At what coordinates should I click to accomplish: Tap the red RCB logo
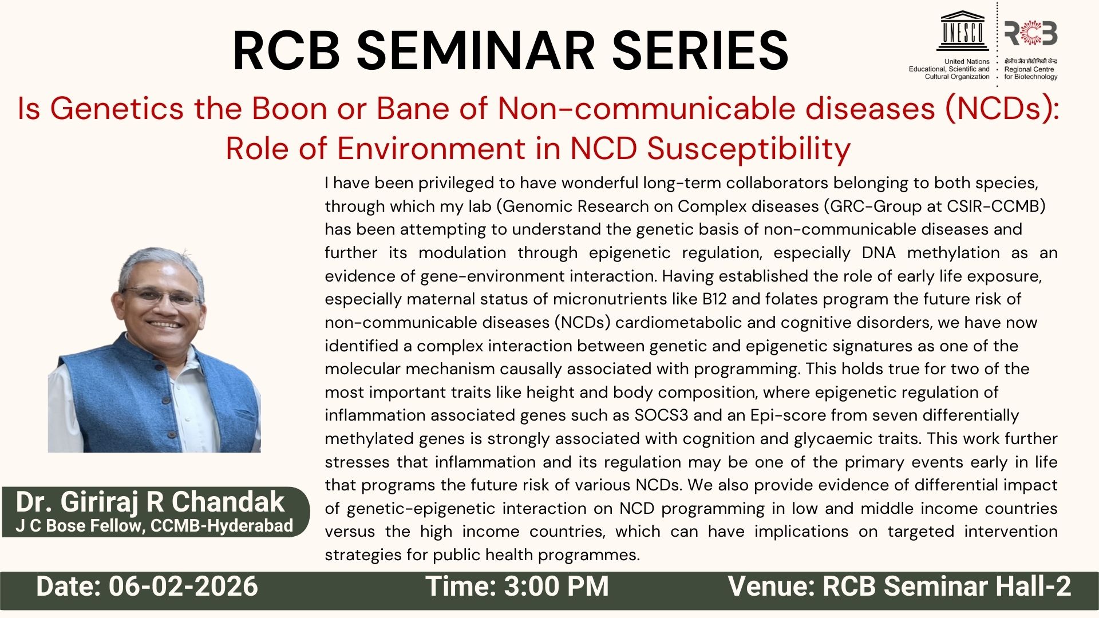(x=1031, y=33)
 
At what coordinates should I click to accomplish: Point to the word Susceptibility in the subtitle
(x=749, y=149)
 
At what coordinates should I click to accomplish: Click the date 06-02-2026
(x=183, y=587)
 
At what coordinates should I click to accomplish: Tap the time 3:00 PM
(x=556, y=587)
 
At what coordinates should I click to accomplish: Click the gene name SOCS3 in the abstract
(x=661, y=415)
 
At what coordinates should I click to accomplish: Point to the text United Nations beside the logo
(x=967, y=62)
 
